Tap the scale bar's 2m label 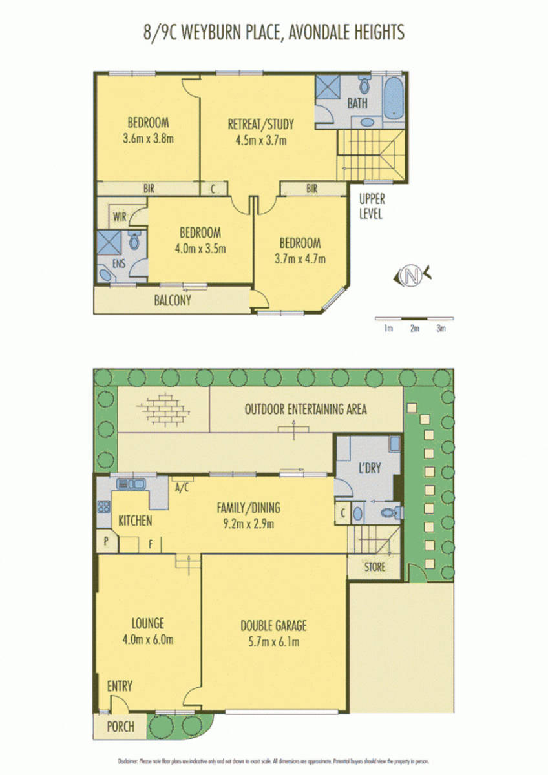tap(414, 329)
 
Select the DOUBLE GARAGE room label tap(273, 625)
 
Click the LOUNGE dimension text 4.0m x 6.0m tap(148, 640)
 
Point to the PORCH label tap(121, 727)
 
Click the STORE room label tap(374, 567)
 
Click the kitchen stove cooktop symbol tap(103, 506)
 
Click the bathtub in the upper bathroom tap(394, 99)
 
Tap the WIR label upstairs tap(120, 217)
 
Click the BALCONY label tap(173, 300)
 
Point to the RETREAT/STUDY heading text tap(261, 124)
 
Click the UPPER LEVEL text tap(372, 207)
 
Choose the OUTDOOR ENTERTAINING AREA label tap(306, 409)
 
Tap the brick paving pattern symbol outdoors tap(164, 408)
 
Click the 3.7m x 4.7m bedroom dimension tap(299, 259)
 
